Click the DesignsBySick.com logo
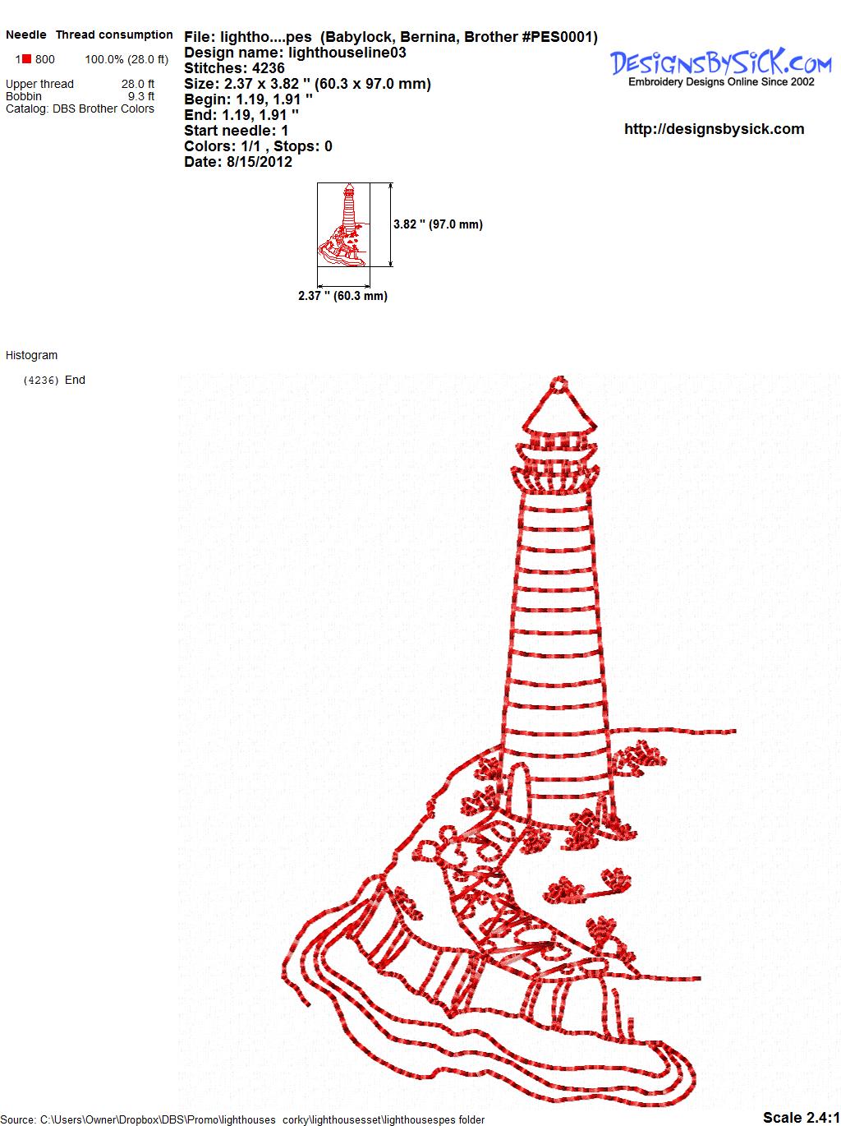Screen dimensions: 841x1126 click(720, 67)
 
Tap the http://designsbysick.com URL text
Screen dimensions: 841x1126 click(714, 129)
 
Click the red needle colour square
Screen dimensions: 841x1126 click(26, 59)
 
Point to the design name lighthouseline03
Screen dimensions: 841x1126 click(347, 53)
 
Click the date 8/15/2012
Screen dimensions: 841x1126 click(260, 162)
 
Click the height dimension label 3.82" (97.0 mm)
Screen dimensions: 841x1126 click(439, 224)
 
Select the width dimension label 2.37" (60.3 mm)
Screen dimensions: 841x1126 click(342, 296)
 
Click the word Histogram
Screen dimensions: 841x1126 click(31, 355)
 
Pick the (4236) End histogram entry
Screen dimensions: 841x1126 click(54, 380)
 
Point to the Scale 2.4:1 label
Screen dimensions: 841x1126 click(801, 1117)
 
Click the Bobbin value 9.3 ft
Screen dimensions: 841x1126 click(141, 96)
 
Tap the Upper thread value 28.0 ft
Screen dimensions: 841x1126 click(137, 84)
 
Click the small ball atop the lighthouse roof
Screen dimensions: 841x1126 click(559, 384)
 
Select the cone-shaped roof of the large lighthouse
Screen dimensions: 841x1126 click(559, 411)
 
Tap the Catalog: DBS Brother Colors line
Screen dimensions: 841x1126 click(80, 108)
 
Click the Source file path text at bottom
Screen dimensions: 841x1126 click(242, 1119)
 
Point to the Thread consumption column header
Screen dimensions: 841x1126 click(114, 35)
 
